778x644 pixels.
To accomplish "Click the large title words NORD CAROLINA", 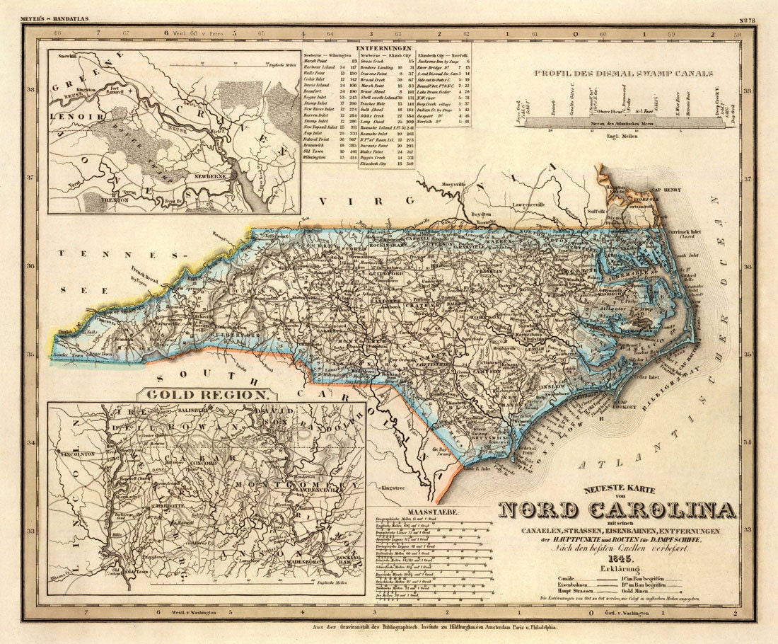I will tap(617, 510).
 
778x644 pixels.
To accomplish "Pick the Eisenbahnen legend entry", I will tap(575, 584).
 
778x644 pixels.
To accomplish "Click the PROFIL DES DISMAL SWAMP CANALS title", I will tap(623, 73).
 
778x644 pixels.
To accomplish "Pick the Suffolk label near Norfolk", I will tap(576, 211).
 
